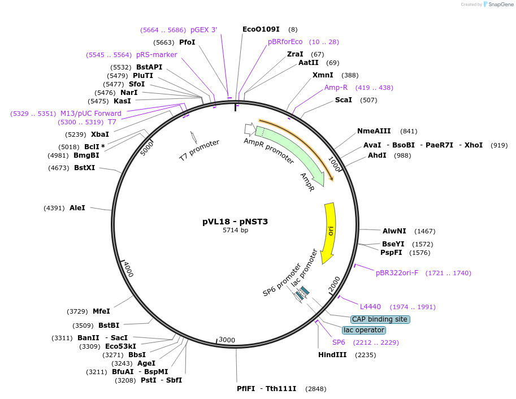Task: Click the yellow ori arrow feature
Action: click(x=329, y=232)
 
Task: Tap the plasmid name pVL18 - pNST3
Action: click(x=235, y=222)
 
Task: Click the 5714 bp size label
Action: click(x=235, y=230)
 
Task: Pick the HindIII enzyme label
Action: click(x=332, y=355)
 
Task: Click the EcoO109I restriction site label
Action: click(x=261, y=29)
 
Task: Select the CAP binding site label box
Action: click(x=380, y=319)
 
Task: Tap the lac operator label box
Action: click(x=364, y=330)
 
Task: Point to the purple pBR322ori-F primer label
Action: click(x=397, y=273)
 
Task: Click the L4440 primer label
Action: click(x=370, y=307)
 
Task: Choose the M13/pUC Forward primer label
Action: click(x=91, y=114)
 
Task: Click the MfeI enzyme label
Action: click(x=101, y=311)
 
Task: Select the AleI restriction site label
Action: click(x=77, y=208)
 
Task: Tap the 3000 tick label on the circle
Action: click(x=227, y=340)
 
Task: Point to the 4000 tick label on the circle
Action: click(x=128, y=270)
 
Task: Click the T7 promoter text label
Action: click(x=199, y=151)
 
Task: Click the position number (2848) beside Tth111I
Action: click(x=315, y=389)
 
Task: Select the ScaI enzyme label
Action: click(x=344, y=100)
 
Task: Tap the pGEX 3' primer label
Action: click(x=203, y=29)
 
